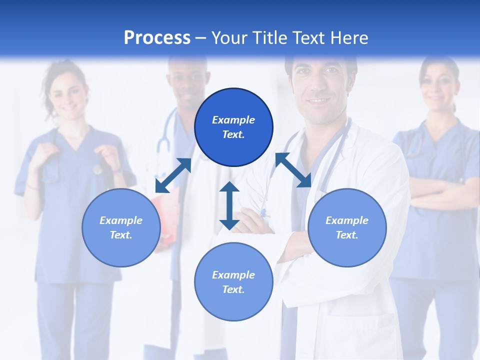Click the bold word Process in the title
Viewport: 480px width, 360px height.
click(157, 38)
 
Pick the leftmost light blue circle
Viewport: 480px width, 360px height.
click(121, 227)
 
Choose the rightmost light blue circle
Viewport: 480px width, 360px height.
click(347, 227)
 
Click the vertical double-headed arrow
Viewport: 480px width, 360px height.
click(229, 205)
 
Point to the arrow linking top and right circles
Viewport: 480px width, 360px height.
click(293, 170)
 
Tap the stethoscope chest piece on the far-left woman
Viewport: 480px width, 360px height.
click(97, 170)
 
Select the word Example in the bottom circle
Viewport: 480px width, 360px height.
click(233, 275)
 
